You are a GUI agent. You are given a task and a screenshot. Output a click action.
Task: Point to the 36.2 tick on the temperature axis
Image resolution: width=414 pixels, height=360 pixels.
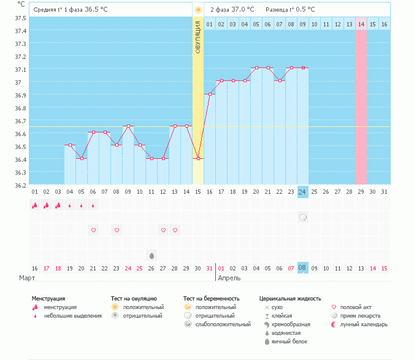20,185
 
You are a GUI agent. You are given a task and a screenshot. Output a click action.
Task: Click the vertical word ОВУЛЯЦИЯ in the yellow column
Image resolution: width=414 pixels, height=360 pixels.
197,37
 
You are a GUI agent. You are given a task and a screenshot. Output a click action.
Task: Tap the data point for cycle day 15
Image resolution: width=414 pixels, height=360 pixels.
197,158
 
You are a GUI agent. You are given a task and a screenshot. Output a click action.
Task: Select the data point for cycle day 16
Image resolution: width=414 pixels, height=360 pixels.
210,94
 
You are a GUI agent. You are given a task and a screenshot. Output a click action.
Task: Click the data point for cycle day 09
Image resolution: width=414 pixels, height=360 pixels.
128,126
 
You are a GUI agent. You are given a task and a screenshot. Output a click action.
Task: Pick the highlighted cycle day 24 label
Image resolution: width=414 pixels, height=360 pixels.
302,192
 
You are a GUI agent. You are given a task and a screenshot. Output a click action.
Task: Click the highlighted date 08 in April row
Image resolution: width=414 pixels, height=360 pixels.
302,268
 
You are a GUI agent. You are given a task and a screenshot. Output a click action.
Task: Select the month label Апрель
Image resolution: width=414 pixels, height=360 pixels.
229,278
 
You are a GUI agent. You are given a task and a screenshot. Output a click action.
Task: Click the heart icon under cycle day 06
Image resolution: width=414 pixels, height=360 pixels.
93,231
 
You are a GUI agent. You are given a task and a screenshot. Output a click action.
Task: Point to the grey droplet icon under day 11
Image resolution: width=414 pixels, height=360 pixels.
151,255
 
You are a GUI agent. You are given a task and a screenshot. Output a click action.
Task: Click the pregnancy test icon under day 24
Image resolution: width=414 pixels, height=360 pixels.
302,218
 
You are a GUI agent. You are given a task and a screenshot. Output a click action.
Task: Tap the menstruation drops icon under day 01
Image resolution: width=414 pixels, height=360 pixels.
35,205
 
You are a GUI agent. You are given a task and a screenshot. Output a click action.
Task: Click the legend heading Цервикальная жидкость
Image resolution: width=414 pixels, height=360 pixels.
290,299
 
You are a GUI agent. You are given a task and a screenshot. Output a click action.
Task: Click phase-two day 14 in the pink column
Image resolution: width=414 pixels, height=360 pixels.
361,24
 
